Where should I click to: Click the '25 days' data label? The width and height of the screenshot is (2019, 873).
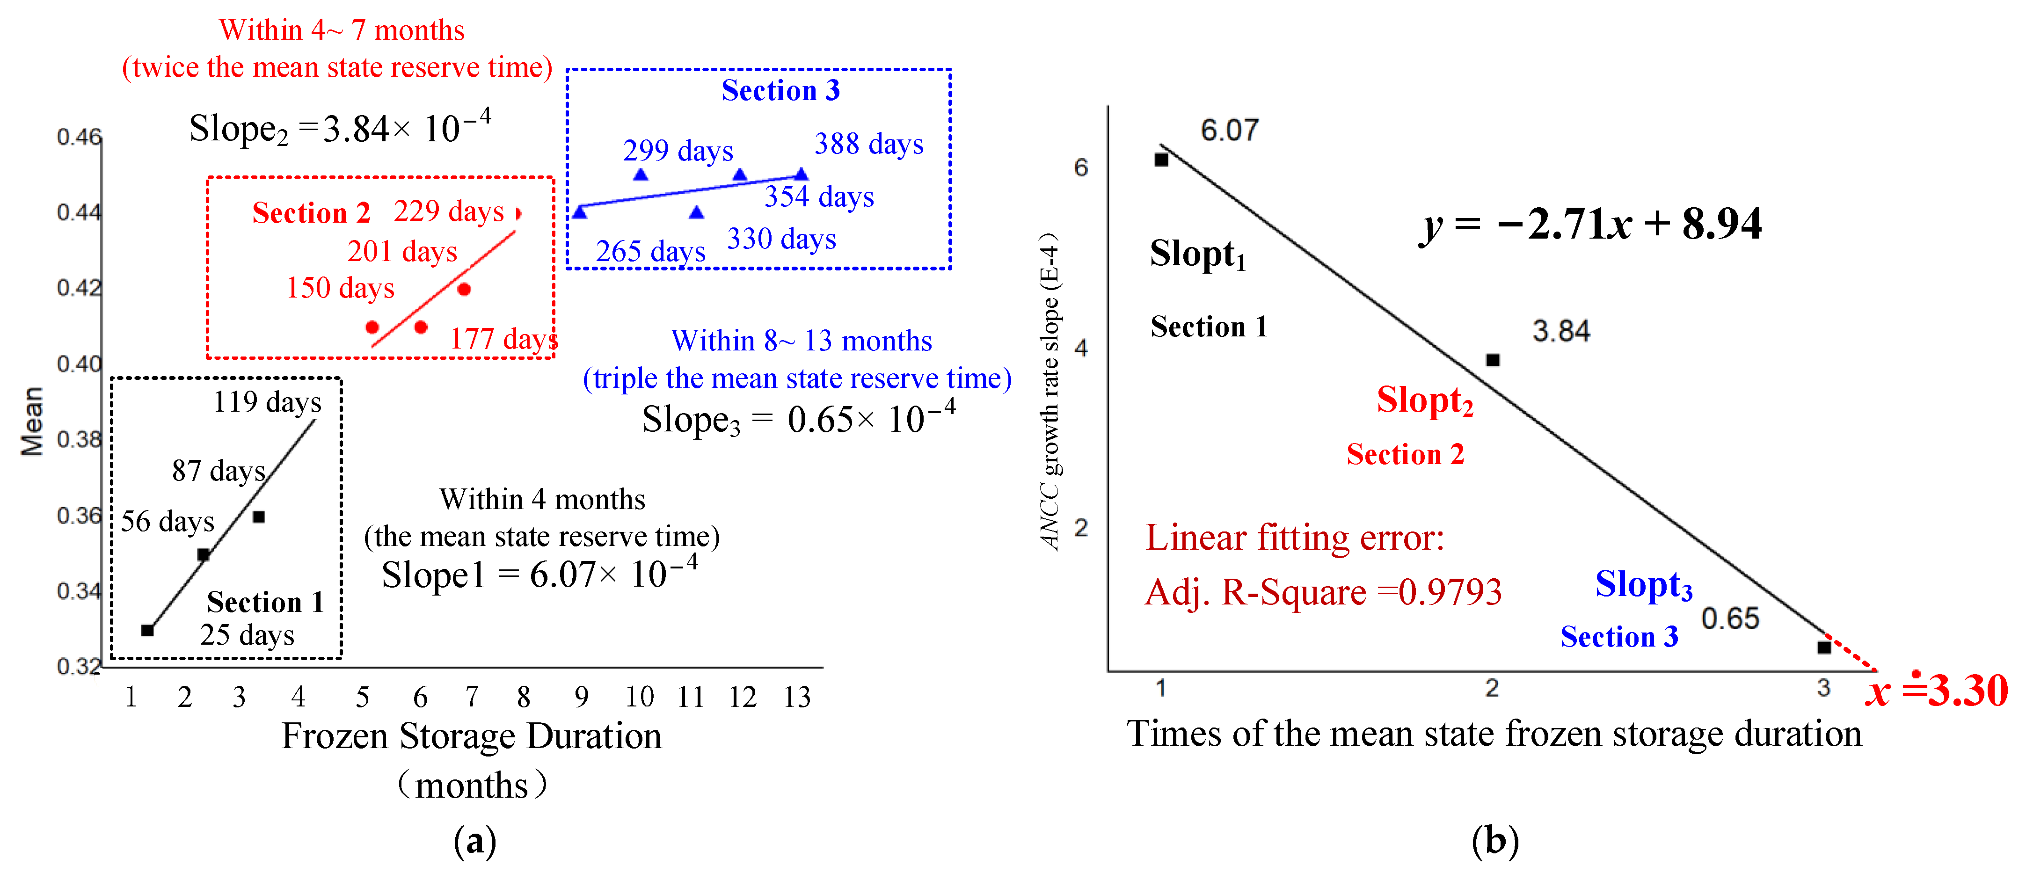[x=247, y=635]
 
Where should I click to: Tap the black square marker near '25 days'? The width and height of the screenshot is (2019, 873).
[x=147, y=630]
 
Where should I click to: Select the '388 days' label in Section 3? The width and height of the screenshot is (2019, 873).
[x=869, y=144]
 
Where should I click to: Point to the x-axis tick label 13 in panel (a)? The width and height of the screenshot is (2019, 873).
[x=797, y=697]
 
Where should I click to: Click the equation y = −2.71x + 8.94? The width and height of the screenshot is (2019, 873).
[x=1591, y=225]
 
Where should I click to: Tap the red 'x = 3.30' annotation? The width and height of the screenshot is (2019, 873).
[x=1936, y=691]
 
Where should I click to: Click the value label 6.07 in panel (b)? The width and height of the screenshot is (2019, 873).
[x=1230, y=130]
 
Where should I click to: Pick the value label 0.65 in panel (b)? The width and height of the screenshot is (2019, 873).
[x=1730, y=618]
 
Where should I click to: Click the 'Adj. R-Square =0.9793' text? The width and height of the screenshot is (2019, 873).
[x=1324, y=592]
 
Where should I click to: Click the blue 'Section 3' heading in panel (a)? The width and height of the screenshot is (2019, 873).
[x=780, y=90]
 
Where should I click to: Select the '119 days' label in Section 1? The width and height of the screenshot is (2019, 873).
[x=267, y=402]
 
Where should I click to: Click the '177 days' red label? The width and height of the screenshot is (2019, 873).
[x=504, y=339]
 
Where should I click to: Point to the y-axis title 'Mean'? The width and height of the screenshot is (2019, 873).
[x=32, y=421]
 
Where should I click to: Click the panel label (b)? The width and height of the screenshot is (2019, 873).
[x=1494, y=841]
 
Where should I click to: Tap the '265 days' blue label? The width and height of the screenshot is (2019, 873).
[x=650, y=252]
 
